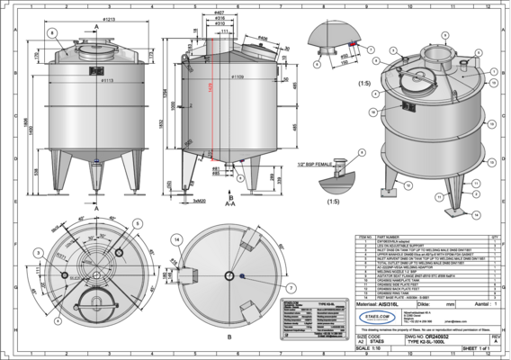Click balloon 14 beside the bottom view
click(x=176, y=238)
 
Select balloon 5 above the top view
click(x=138, y=221)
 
